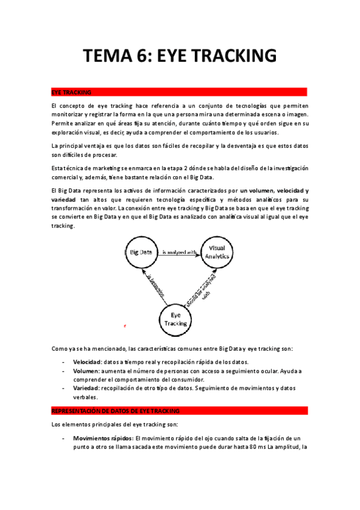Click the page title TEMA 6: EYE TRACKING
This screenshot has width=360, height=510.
(x=180, y=56)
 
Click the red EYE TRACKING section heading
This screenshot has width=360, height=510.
(x=72, y=93)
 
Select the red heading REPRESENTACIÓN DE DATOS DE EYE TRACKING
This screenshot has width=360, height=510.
(x=115, y=410)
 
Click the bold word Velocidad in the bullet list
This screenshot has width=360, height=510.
(x=87, y=362)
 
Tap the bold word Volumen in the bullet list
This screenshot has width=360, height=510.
(x=86, y=372)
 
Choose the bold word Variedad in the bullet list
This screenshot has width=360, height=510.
(x=86, y=389)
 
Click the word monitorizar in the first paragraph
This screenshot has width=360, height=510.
(x=69, y=114)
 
